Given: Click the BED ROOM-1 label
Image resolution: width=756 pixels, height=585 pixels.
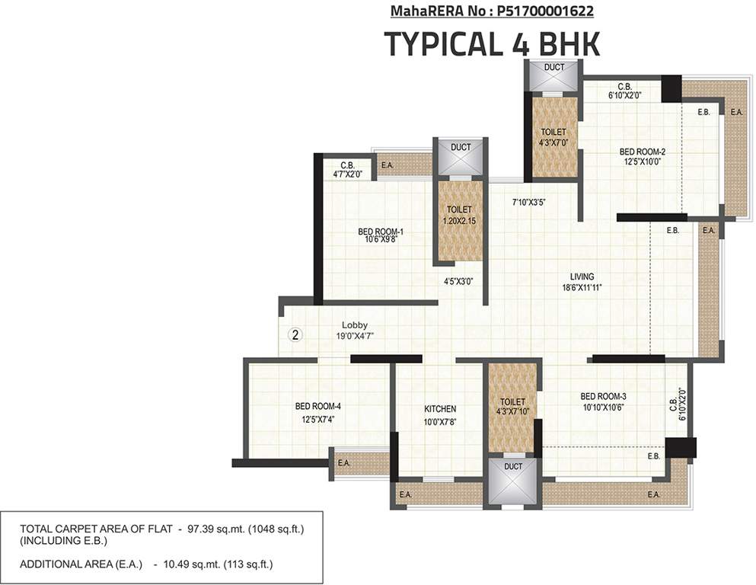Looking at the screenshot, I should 381,232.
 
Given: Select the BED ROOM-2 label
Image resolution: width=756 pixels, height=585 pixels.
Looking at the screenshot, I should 643,152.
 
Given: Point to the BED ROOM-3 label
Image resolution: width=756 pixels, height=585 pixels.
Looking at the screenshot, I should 603,396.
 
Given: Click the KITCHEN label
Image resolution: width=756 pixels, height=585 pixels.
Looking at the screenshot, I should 440,409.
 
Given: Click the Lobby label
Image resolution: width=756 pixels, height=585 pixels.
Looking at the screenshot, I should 354,325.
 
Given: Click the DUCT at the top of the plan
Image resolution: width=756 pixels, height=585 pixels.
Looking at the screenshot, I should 554,68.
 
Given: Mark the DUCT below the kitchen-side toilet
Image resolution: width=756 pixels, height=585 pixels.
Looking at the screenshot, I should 513,466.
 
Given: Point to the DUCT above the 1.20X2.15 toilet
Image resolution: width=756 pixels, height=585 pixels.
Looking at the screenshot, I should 461,147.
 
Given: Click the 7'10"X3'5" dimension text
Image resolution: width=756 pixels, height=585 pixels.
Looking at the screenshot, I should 528,202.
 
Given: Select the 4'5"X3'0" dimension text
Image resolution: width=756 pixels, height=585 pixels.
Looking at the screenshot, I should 459,281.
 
